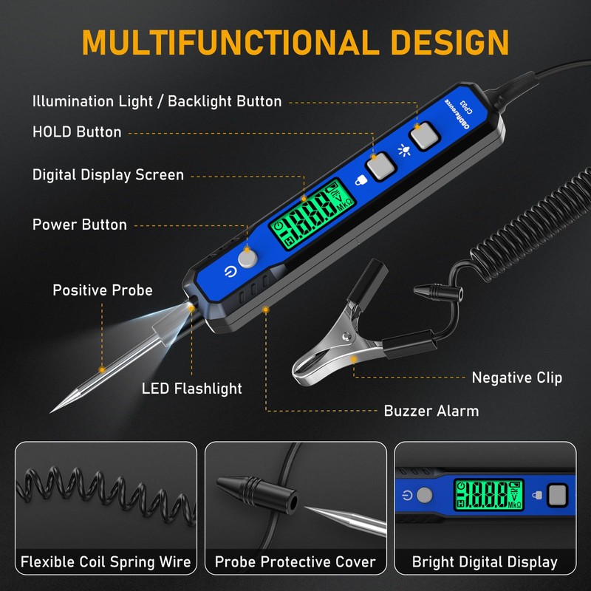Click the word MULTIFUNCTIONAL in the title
click(230, 42)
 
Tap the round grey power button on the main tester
click(247, 258)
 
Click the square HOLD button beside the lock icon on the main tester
click(380, 166)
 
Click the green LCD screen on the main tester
click(312, 214)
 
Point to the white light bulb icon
click(404, 150)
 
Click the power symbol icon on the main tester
click(230, 271)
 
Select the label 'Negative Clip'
click(516, 378)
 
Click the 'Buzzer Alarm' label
click(431, 411)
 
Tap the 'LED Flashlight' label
click(192, 389)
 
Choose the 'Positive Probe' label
click(103, 290)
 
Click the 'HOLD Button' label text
click(77, 132)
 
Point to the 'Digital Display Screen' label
click(108, 175)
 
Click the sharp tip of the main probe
click(51, 412)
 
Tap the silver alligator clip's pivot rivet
click(346, 335)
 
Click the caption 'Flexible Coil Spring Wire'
click(106, 562)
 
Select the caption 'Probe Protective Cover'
click(295, 562)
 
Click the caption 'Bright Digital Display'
click(485, 562)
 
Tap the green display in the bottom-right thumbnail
click(489, 495)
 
